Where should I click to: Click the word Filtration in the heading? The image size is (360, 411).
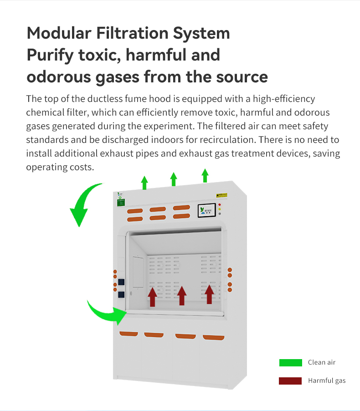(125, 33)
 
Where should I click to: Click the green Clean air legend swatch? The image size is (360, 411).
(290, 363)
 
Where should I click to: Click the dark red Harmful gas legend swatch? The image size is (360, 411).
(290, 381)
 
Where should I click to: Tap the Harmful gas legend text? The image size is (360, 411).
(327, 381)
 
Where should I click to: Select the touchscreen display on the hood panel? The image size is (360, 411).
(206, 210)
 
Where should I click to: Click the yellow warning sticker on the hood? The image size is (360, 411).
(221, 196)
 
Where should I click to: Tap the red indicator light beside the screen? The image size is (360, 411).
(220, 205)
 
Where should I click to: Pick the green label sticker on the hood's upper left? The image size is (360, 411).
(121, 202)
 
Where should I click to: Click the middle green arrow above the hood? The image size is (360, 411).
(173, 178)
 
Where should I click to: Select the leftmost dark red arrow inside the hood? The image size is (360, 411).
(152, 296)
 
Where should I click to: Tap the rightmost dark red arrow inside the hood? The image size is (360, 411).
(209, 294)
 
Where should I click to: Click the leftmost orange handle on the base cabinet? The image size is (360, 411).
(129, 334)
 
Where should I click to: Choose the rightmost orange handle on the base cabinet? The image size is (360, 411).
(213, 337)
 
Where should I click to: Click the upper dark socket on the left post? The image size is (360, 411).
(121, 281)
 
